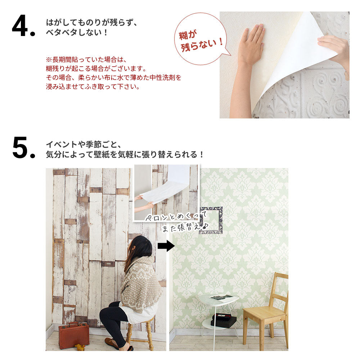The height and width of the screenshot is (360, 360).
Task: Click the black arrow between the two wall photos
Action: [x=166, y=246]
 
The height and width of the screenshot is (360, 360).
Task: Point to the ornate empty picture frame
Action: [x=211, y=220]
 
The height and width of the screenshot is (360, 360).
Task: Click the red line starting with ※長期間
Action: [x=86, y=59]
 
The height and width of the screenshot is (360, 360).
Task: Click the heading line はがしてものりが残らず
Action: [x=91, y=22]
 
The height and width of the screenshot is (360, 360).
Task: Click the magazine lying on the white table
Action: [x=222, y=297]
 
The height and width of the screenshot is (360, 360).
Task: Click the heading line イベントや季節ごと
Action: [x=84, y=144]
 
